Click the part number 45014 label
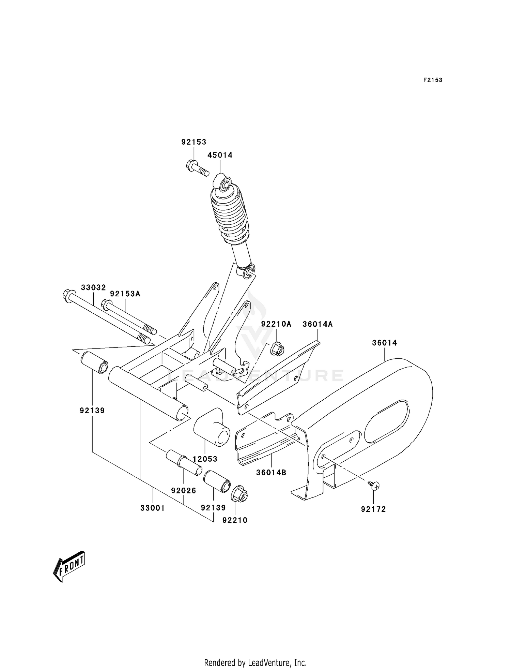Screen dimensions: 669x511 tap(220, 155)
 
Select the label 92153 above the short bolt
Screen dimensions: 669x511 tap(194, 142)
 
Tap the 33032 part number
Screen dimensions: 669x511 tap(93, 287)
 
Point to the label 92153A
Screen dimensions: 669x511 tap(125, 294)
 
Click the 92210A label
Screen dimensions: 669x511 tap(276, 324)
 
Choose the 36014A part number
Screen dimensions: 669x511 tap(318, 324)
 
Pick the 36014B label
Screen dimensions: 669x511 tap(271, 473)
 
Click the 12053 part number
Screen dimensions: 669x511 tap(205, 459)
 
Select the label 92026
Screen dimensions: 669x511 tap(184, 491)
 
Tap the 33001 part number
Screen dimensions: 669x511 tap(153, 508)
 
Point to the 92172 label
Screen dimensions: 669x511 tap(373, 509)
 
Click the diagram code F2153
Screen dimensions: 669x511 tap(433, 80)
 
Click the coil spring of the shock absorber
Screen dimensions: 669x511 tap(229, 215)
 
